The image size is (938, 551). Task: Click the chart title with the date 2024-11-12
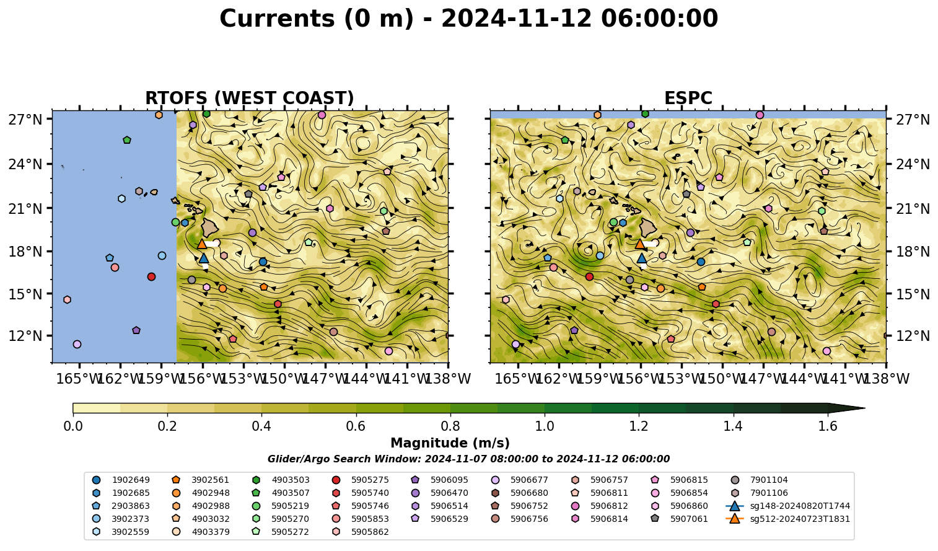[468, 19]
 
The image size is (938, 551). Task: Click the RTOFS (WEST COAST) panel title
[250, 99]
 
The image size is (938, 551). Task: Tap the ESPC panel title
[688, 99]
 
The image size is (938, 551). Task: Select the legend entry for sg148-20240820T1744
[787, 506]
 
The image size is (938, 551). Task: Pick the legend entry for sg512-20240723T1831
[787, 519]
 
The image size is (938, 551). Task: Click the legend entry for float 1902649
[121, 480]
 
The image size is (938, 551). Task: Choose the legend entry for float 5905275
[361, 480]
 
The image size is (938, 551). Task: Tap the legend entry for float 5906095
[440, 480]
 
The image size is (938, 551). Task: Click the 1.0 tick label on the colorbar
[545, 426]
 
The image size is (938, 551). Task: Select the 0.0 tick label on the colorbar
[73, 426]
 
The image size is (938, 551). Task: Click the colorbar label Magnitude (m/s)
[450, 443]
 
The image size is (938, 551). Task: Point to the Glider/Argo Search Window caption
[468, 459]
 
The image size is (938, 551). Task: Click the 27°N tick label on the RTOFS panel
[25, 120]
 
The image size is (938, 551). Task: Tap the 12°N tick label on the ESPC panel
[913, 336]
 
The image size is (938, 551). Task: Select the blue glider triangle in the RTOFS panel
[204, 258]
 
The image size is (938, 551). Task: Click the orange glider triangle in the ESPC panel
[640, 244]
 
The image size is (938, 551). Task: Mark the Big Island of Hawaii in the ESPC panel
[648, 227]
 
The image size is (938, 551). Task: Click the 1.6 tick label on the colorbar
[828, 426]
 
